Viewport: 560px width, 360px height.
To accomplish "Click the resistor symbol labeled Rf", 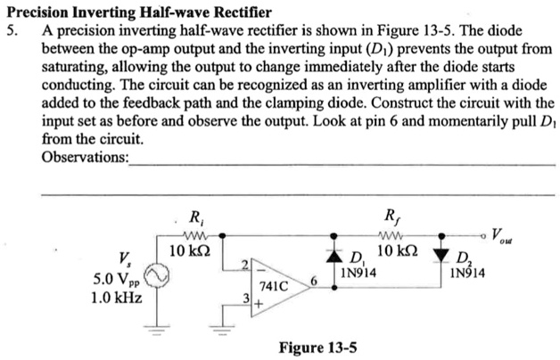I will point(391,235).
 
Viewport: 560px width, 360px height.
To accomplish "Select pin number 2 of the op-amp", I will point(242,262).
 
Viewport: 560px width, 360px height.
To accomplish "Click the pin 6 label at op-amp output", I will point(315,279).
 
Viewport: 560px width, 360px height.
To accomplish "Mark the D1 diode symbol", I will point(336,251).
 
